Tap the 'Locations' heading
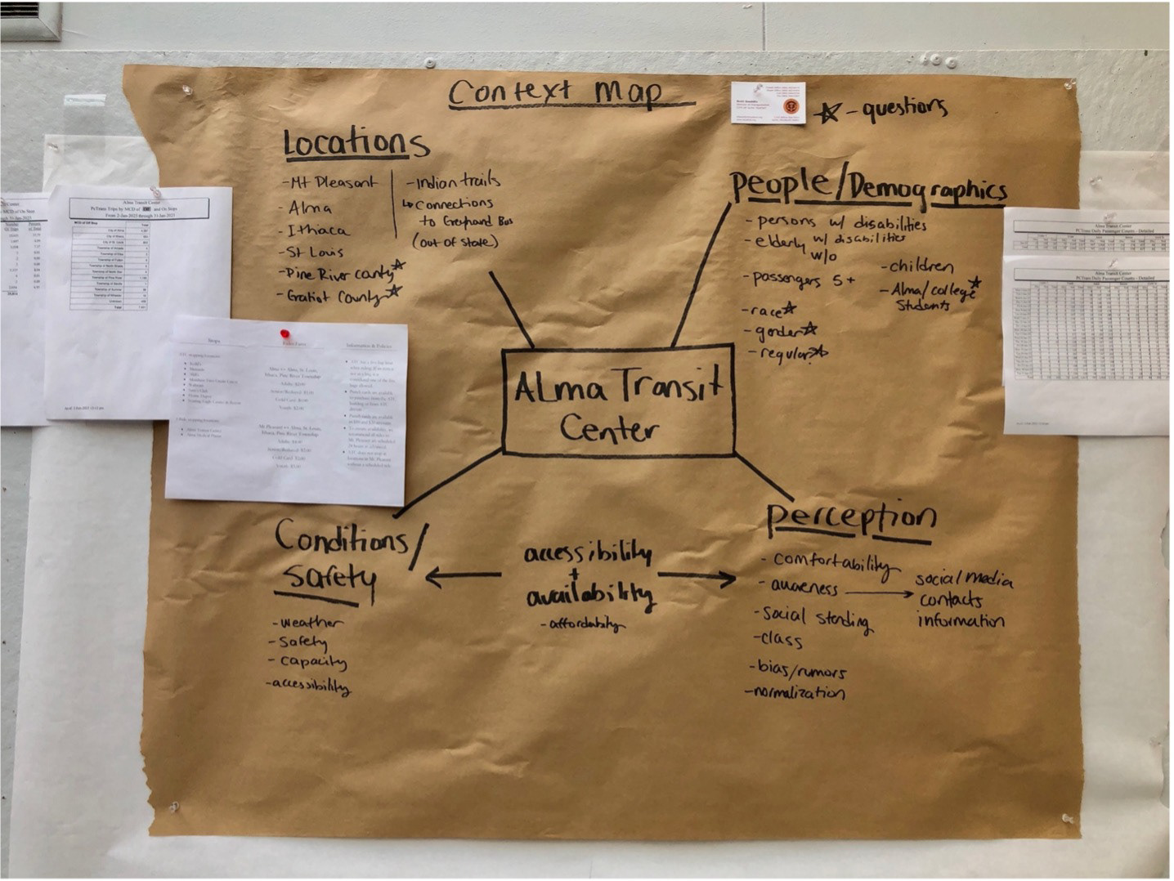pos(356,143)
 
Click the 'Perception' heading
pos(851,517)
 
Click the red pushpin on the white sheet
pos(285,333)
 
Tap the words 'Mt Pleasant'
pos(331,182)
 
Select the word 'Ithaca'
pos(318,230)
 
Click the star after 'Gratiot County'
pos(394,291)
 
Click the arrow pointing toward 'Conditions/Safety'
pos(463,577)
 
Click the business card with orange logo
pos(768,102)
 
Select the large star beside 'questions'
pos(827,111)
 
